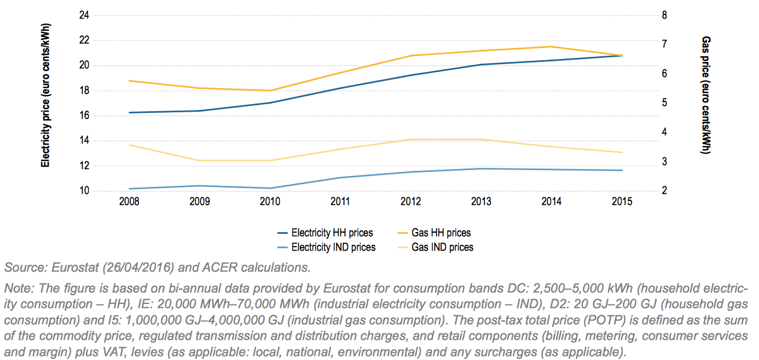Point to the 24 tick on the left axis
point(84,15)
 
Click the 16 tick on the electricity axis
point(84,116)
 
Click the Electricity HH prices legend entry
point(332,233)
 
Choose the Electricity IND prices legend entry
point(333,248)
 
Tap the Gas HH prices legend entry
point(441,233)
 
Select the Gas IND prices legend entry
point(442,248)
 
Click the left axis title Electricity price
point(45,96)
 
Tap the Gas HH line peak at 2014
point(551,47)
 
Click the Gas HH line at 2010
point(270,90)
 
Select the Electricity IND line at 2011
point(340,178)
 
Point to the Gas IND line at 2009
point(200,160)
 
